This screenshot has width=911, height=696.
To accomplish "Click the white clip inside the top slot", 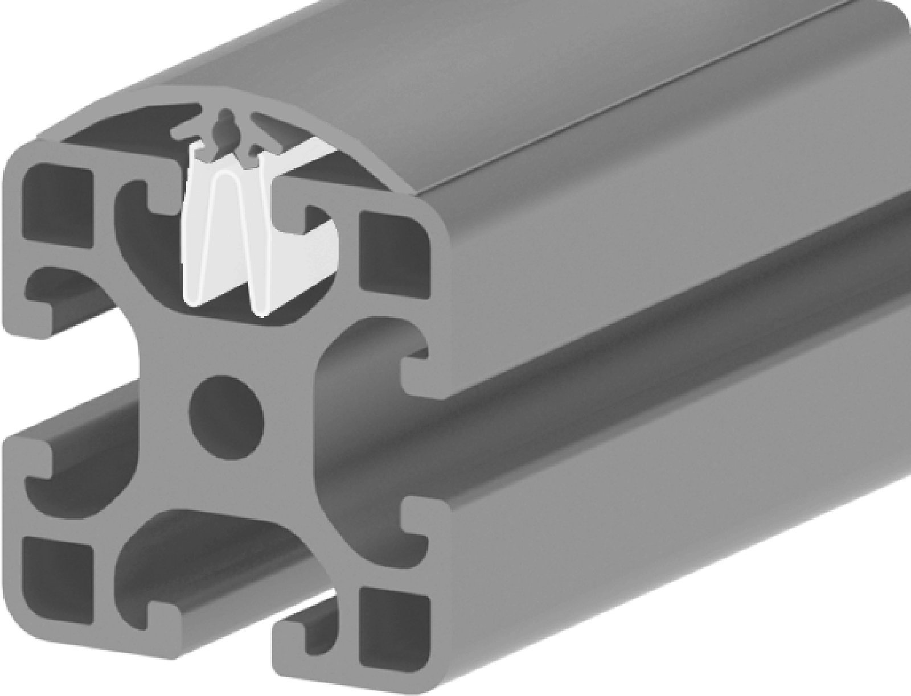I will coord(228,239).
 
